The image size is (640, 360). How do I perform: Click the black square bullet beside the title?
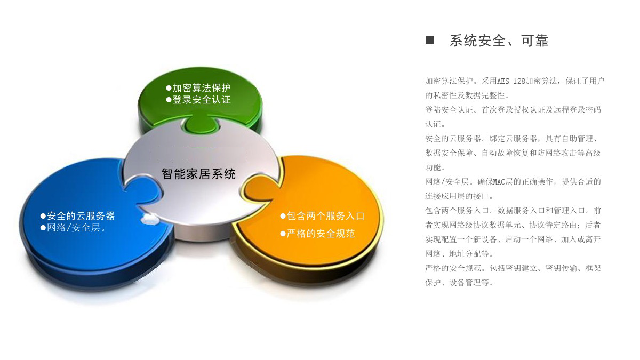pyautogui.click(x=430, y=41)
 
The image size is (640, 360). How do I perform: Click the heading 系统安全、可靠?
pyautogui.click(x=499, y=41)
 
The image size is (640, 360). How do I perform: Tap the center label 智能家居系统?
pyautogui.click(x=198, y=174)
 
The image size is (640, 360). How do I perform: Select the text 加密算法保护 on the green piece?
pyautogui.click(x=202, y=87)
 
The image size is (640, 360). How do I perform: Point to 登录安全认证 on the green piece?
pyautogui.click(x=202, y=100)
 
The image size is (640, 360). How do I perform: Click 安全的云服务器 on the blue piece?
pyautogui.click(x=81, y=216)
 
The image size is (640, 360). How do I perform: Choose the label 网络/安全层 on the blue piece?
pyautogui.click(x=74, y=228)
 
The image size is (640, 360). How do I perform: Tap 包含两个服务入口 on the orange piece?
pyautogui.click(x=325, y=216)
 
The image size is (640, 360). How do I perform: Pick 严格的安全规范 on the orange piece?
pyautogui.click(x=321, y=234)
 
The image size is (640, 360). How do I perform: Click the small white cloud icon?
pyautogui.click(x=149, y=219)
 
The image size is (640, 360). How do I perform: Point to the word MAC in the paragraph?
pyautogui.click(x=499, y=182)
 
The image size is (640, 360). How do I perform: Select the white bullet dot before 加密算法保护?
pyautogui.click(x=169, y=88)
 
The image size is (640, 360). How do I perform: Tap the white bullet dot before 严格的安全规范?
pyautogui.click(x=283, y=234)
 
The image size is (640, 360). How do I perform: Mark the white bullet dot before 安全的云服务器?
pyautogui.click(x=43, y=216)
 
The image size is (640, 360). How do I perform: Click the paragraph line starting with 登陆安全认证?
pyautogui.click(x=513, y=110)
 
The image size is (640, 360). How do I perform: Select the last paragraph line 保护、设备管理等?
pyautogui.click(x=459, y=283)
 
